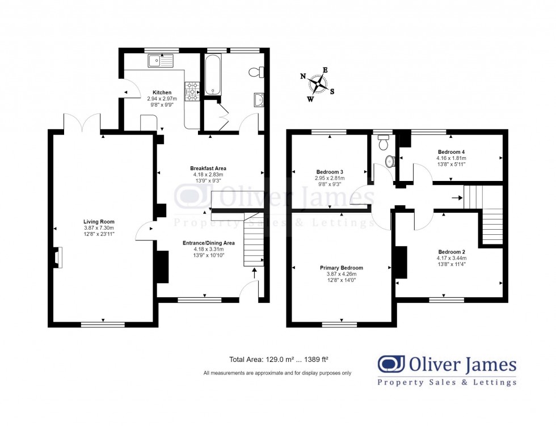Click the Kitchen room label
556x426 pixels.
tap(162, 92)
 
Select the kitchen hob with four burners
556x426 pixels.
tap(192, 91)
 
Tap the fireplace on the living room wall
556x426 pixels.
tap(58, 257)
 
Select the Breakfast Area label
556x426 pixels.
tap(208, 168)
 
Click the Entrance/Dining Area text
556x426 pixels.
tap(208, 243)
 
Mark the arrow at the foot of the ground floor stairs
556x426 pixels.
tap(254, 273)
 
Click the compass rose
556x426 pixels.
tap(318, 85)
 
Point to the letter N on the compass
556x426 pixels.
tap(303, 76)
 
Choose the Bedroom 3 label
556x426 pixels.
tap(330, 171)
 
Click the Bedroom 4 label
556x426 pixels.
tap(451, 152)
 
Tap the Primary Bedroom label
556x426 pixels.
tap(341, 268)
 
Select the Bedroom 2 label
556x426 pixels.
tap(451, 252)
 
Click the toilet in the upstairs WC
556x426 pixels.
tap(390, 162)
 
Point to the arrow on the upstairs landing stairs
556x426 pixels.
tap(456, 198)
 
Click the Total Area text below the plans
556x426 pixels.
tap(279, 359)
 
